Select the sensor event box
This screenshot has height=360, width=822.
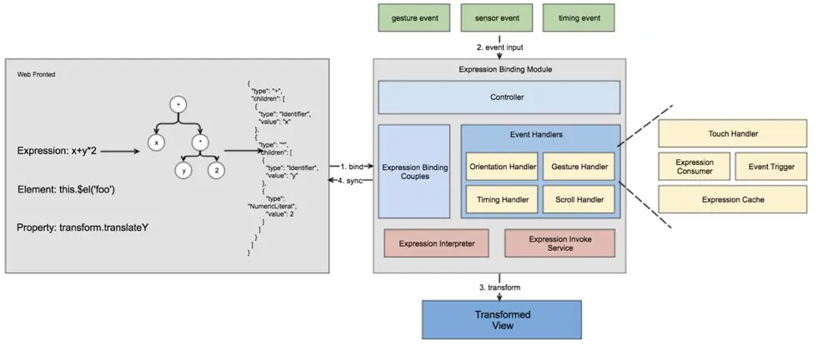499,18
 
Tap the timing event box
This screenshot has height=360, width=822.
579,18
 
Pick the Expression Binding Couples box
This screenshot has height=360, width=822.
414,172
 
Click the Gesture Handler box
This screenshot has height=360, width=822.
578,167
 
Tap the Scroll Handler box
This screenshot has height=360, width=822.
578,200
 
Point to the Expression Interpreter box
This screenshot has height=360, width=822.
437,243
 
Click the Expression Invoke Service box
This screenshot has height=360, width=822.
559,243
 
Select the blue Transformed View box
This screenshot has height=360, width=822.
502,320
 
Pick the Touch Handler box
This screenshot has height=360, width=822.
732,133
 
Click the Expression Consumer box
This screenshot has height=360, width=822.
694,167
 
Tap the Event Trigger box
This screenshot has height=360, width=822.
771,167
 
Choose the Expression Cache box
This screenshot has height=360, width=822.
732,199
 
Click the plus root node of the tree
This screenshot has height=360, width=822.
177,105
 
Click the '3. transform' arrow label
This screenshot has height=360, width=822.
500,287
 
